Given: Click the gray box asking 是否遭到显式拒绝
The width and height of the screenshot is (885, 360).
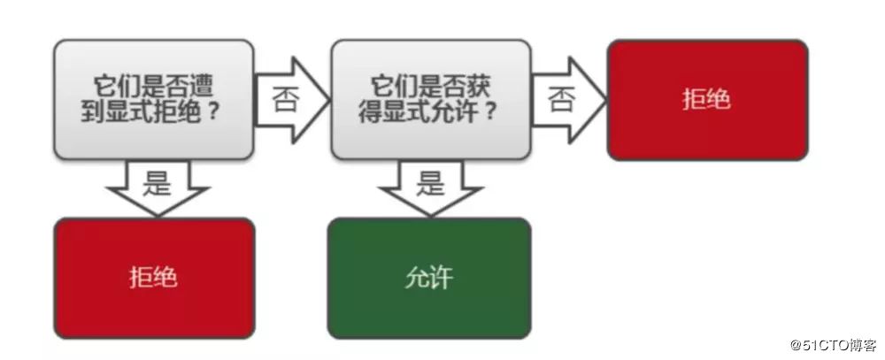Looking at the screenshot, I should (154, 99).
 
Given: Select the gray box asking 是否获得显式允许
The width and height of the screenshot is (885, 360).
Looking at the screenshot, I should (430, 99).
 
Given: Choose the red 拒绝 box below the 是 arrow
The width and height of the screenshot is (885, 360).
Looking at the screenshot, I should (154, 278).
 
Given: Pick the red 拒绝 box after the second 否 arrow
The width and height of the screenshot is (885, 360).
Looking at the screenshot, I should (707, 99).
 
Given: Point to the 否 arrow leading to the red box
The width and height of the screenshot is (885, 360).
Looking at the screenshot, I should (566, 98).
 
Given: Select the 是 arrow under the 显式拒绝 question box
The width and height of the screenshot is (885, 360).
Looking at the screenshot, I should (156, 188).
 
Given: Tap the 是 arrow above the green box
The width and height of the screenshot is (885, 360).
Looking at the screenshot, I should (430, 188).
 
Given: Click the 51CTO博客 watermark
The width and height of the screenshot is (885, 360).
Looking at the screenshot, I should (819, 344).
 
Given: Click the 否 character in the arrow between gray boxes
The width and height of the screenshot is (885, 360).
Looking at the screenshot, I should (285, 98).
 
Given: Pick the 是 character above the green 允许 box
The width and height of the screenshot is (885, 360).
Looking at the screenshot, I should (430, 183).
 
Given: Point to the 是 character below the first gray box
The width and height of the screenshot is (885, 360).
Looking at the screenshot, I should (156, 183).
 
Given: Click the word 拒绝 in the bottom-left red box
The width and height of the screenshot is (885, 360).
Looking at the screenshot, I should (154, 278).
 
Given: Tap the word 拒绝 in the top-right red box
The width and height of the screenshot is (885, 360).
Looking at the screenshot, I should (707, 99).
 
